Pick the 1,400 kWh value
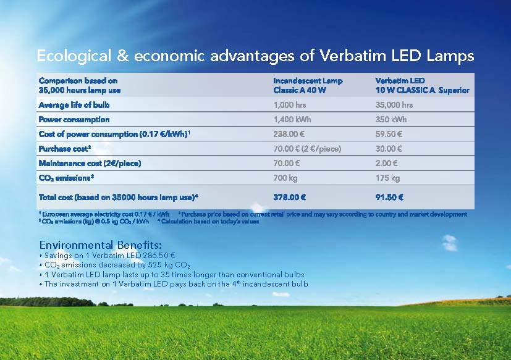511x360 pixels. pyautogui.click(x=292, y=119)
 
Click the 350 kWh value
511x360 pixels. pyautogui.click(x=391, y=119)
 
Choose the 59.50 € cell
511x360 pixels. pyautogui.click(x=389, y=134)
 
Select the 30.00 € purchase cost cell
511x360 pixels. pyautogui.click(x=389, y=149)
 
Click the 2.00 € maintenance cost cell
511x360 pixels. pyautogui.click(x=387, y=163)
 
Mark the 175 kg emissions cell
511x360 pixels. pyautogui.click(x=387, y=178)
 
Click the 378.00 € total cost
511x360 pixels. pyautogui.click(x=290, y=198)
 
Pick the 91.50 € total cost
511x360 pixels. pyautogui.click(x=389, y=198)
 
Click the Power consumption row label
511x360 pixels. pyautogui.click(x=74, y=119)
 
